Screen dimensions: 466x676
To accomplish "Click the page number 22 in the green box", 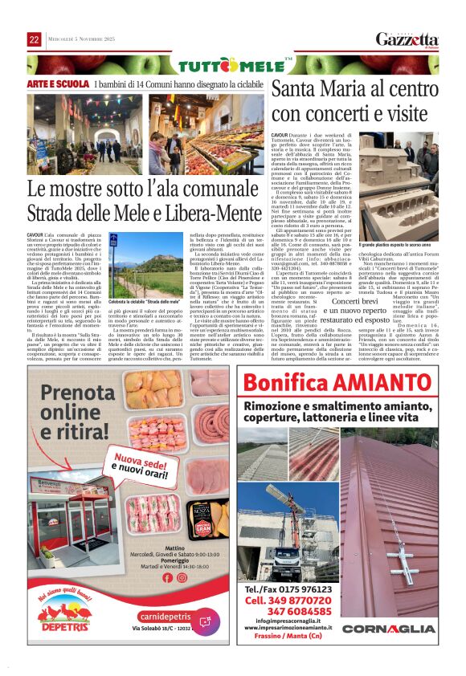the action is [x=34, y=39].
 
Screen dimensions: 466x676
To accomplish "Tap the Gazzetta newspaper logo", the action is [x=407, y=39].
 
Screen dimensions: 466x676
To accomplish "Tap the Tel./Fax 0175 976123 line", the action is [x=287, y=589].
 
